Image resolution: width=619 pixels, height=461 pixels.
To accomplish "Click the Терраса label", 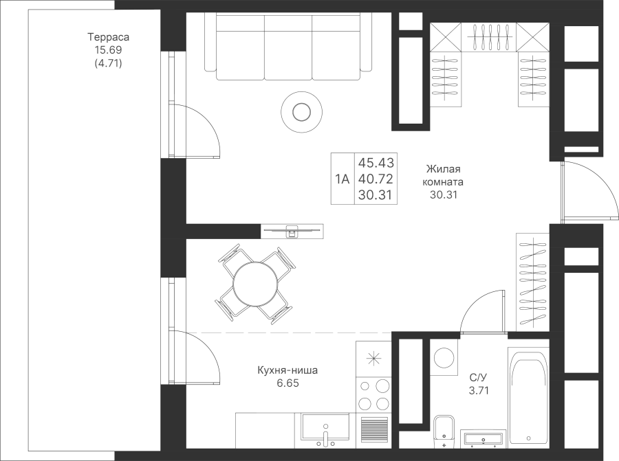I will pos(109,37).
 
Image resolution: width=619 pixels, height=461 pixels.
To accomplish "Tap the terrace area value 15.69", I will pos(109,50).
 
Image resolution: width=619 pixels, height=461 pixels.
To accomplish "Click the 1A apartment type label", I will pos(342,180).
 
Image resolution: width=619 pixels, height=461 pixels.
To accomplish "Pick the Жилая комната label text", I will pos(444,176).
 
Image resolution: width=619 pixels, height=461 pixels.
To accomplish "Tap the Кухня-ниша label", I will pos(287,370).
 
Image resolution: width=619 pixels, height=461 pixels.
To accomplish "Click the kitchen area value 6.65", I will pos(287,383).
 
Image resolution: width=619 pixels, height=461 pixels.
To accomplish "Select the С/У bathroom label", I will pos(478,378).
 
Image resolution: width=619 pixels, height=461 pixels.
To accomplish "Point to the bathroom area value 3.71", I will pos(478,390).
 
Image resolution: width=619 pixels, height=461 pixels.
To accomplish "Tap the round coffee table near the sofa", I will pos(301,111).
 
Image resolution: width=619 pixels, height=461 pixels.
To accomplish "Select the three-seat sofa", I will pos(289,45).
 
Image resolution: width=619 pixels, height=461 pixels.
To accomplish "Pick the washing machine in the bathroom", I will pos(444,359).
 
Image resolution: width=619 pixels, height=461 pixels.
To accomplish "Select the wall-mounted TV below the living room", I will pos(292,231).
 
